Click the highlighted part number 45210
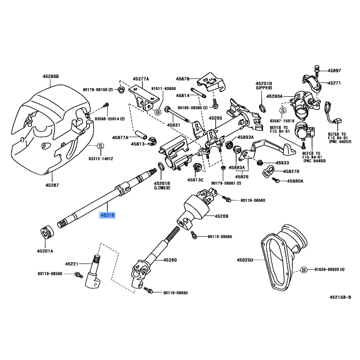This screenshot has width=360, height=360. tap(108, 216)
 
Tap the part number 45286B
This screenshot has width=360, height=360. tap(51, 77)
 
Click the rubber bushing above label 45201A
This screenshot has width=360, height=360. tap(47, 232)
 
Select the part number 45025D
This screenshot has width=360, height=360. tap(245, 260)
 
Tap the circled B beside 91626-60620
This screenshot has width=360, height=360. tap(303, 270)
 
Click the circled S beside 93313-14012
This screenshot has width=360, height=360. tap(101, 146)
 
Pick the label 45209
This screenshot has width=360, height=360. tap(222, 216)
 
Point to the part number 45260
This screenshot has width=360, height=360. tap(170, 260)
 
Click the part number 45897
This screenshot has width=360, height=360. tap(334, 71)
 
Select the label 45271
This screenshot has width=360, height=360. tap(334, 83)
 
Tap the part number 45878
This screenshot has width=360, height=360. tap(183, 78)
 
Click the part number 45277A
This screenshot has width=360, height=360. tap(140, 79)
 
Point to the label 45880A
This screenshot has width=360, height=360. tap(295, 181)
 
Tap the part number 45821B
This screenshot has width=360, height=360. tap(292, 171)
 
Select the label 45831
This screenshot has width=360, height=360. tap(173, 125)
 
